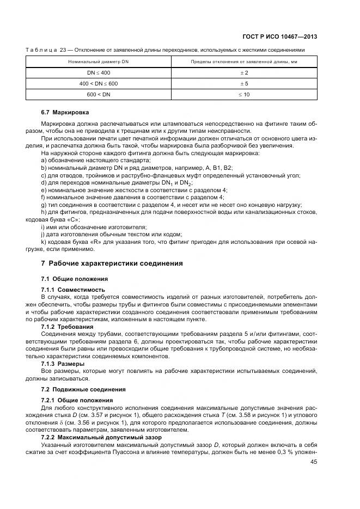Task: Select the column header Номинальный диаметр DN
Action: pos(99,62)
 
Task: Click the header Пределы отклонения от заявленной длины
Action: pos(243,62)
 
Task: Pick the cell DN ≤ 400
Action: pos(99,73)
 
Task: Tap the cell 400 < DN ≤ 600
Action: pos(99,84)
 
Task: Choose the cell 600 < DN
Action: pos(99,95)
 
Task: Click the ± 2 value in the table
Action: pos(244,73)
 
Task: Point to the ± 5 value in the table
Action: pos(244,84)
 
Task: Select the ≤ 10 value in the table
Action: pos(244,95)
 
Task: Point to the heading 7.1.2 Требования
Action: pos(68,327)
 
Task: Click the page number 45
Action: pos(314,462)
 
